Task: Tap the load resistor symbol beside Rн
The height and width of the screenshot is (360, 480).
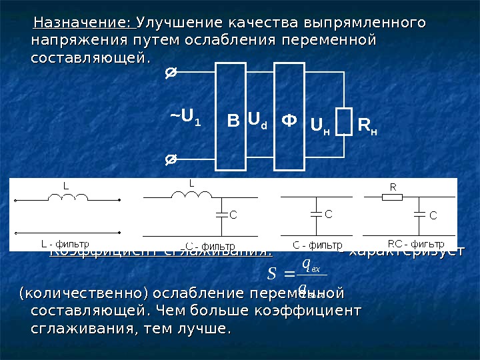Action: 344,121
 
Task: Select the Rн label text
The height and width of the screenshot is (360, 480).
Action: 367,124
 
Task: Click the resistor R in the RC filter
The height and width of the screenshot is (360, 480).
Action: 393,197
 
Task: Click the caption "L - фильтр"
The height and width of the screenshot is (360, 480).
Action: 65,243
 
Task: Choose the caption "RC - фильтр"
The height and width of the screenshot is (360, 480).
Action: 416,243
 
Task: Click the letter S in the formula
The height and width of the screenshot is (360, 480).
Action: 271,274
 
